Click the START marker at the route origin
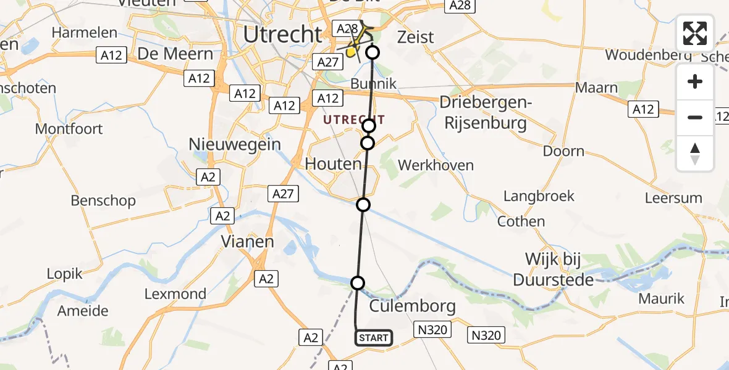point(373,337)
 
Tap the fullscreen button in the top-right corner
point(695,33)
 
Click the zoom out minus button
point(695,117)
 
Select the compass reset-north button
point(695,153)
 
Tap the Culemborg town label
point(412,306)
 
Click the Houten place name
point(334,164)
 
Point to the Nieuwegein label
point(235,144)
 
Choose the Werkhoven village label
point(436,165)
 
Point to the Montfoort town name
point(69,129)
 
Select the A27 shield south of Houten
point(284,194)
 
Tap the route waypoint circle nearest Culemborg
point(358,283)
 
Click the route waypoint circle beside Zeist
point(373,52)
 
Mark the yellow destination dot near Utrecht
point(350,54)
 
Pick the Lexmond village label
point(175,294)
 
